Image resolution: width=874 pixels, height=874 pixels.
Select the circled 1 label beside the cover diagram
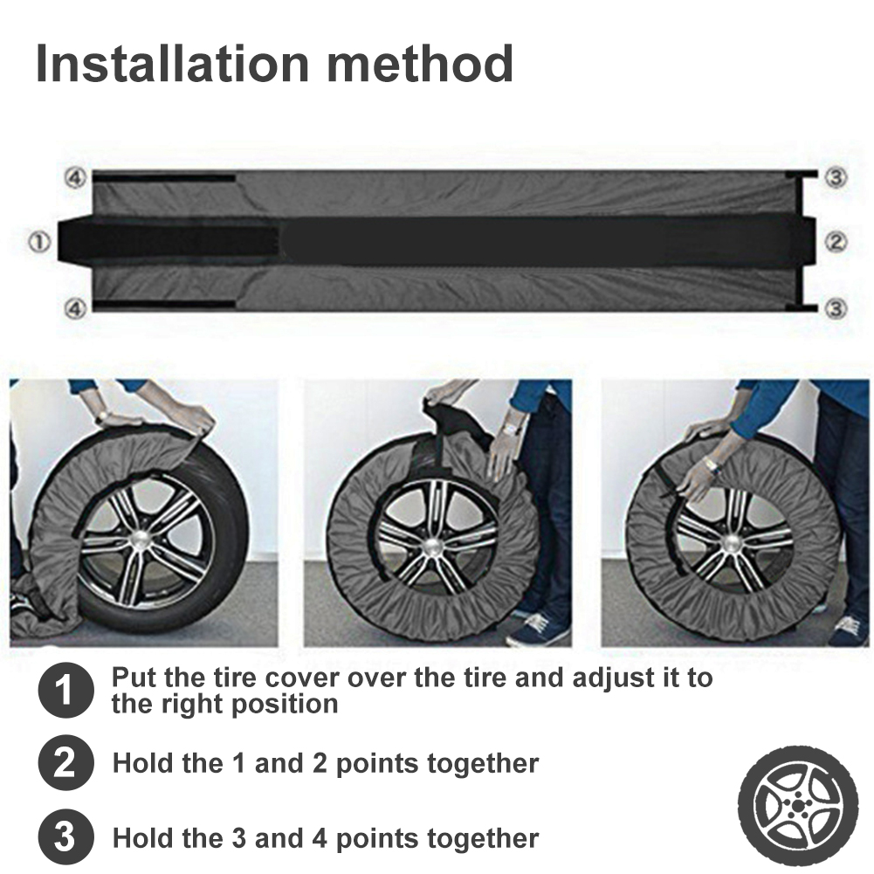tap(40, 242)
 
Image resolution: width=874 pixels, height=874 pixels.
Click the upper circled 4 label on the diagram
tap(76, 178)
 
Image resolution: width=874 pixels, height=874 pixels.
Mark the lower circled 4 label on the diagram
tap(76, 307)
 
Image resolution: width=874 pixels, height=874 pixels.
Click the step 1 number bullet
tap(65, 690)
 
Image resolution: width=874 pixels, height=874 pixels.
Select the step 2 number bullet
tap(65, 762)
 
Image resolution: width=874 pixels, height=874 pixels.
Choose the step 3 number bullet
tap(65, 837)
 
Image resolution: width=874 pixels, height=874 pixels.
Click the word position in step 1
tap(285, 705)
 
